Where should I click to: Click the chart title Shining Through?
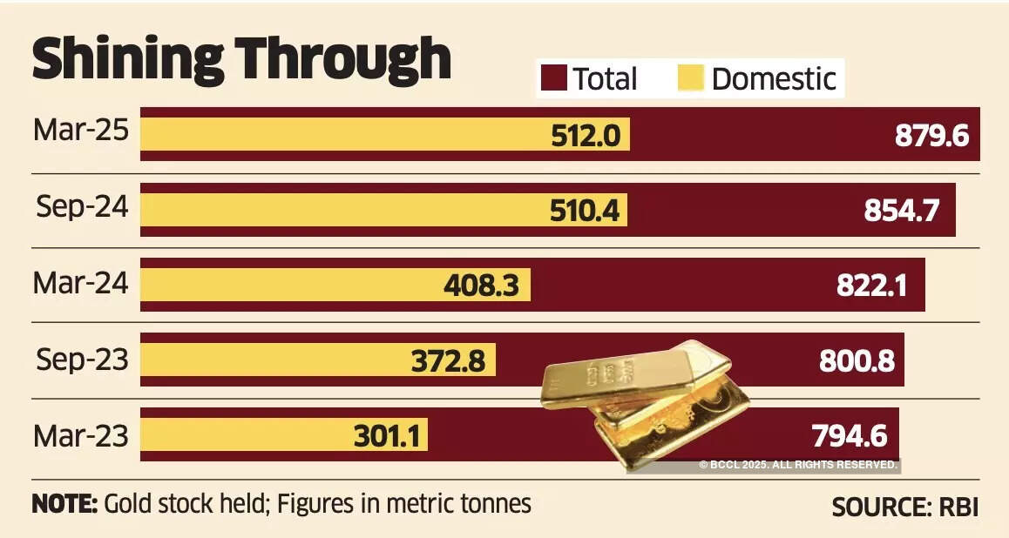[x=241, y=59]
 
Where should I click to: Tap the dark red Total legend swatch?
[x=554, y=78]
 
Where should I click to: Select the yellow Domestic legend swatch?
[x=690, y=78]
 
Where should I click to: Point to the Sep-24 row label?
[x=81, y=206]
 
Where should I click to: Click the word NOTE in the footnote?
[x=64, y=504]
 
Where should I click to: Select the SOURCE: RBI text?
[x=904, y=507]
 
